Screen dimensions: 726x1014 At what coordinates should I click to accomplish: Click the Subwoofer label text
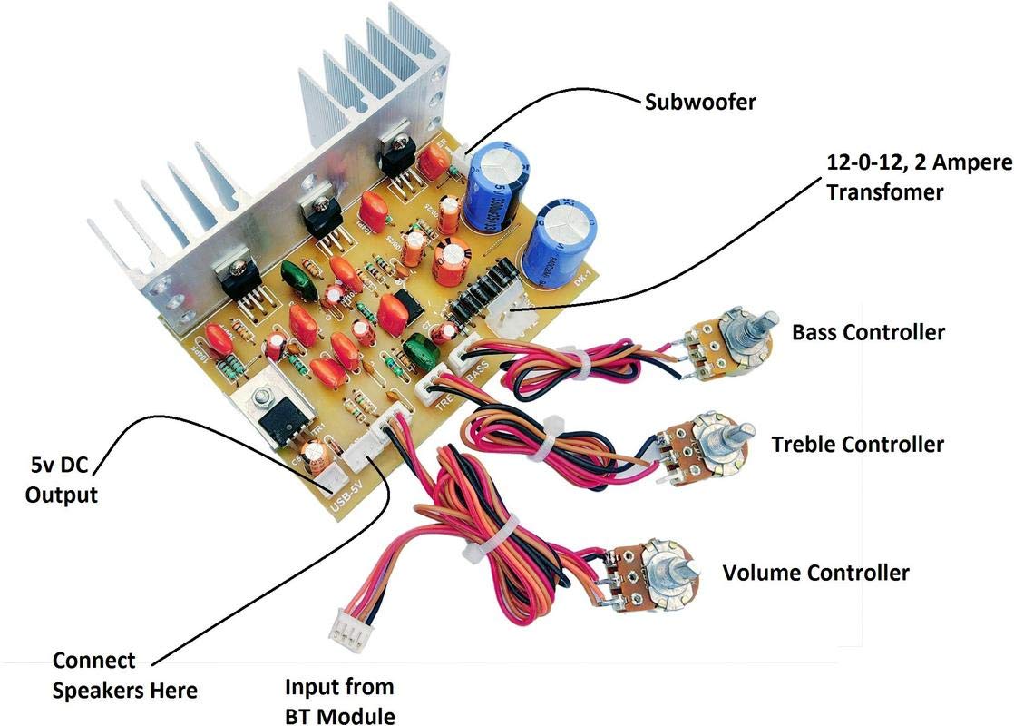[699, 102]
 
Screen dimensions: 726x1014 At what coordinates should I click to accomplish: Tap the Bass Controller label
[868, 332]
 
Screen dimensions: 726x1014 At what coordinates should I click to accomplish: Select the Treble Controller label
[857, 445]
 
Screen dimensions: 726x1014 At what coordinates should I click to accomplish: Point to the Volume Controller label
[815, 573]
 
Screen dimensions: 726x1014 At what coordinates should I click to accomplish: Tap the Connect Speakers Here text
[124, 675]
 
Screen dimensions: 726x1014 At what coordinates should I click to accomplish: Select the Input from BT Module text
[339, 701]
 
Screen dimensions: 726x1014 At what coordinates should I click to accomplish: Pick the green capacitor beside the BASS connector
[421, 350]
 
